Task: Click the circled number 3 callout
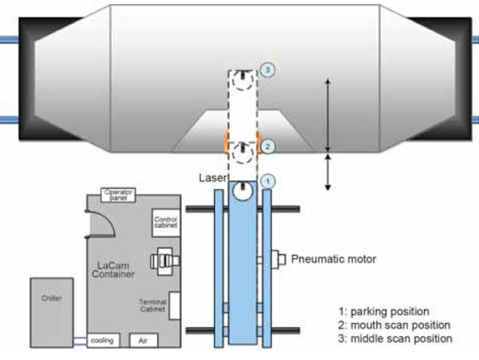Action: click(267, 70)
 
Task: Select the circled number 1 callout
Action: click(267, 181)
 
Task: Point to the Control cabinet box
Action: click(165, 223)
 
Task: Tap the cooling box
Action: click(101, 340)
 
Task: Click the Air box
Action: click(141, 340)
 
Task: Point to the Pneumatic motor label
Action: click(332, 258)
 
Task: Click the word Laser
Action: click(212, 177)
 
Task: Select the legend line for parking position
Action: click(383, 312)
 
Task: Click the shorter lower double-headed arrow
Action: click(328, 171)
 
